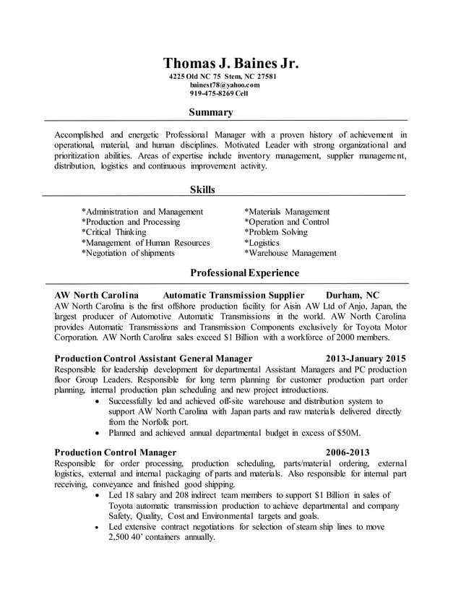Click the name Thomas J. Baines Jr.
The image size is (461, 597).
tap(230, 63)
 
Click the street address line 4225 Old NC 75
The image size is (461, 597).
tap(195, 77)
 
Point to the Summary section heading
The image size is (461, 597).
tap(211, 112)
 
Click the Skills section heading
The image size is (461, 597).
tap(202, 189)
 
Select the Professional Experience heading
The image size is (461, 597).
tap(244, 272)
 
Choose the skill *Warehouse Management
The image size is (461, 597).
tap(290, 253)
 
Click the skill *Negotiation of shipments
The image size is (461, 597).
tap(128, 253)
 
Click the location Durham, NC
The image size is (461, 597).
tap(353, 295)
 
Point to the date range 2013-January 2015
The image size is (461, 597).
tap(365, 358)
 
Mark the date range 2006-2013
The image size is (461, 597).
tap(348, 452)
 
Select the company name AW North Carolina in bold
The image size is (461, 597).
tap(96, 295)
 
